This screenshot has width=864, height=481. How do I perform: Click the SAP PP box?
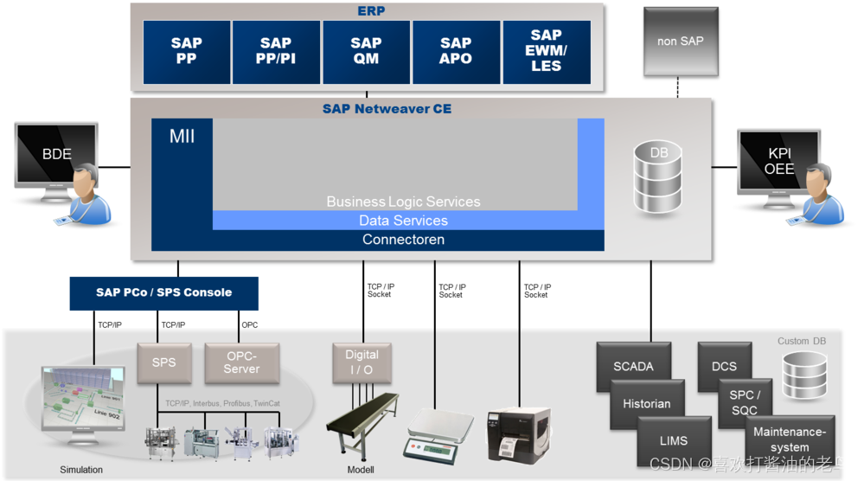point(186,52)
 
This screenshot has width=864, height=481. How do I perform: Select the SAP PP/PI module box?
point(276,52)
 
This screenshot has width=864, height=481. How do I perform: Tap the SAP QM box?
point(366,52)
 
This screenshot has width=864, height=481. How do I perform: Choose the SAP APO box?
point(456,52)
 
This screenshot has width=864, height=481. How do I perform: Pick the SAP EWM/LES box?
point(546,52)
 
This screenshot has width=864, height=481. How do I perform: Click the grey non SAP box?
point(680,41)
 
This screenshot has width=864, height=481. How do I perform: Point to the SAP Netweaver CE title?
point(387,109)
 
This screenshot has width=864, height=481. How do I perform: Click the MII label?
point(182,137)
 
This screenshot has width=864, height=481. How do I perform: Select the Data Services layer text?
point(403,221)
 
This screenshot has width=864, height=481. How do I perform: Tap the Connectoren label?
point(403,240)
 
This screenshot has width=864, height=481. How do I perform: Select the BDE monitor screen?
point(56,155)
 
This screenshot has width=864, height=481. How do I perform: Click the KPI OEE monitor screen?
point(778,161)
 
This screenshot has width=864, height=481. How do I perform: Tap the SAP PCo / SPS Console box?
point(163,292)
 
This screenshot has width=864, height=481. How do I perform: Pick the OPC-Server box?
point(241,363)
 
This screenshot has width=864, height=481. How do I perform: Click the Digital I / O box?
point(362,362)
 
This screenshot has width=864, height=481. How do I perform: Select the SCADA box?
point(633,367)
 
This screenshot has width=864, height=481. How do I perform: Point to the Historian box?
point(646,404)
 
